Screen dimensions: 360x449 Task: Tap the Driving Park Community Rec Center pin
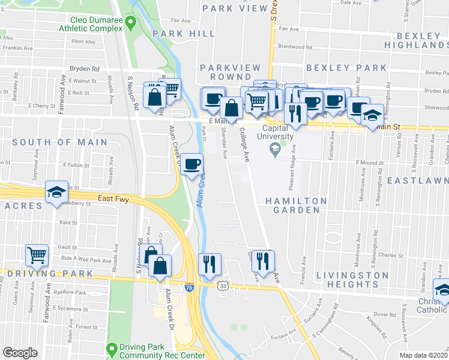(x=112, y=349)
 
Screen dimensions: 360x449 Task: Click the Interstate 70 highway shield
(x=190, y=289)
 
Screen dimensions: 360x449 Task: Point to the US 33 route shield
(x=223, y=287)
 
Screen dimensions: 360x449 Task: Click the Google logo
(x=20, y=353)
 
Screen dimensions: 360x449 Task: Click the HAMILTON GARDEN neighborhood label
(x=296, y=205)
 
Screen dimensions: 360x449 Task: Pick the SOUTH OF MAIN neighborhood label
(x=60, y=143)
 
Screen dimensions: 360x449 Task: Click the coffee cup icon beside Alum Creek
(x=191, y=164)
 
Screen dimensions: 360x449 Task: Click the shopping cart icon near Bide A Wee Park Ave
(x=37, y=254)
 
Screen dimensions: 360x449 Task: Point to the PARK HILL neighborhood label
(x=175, y=34)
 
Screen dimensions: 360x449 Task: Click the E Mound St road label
(x=370, y=162)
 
